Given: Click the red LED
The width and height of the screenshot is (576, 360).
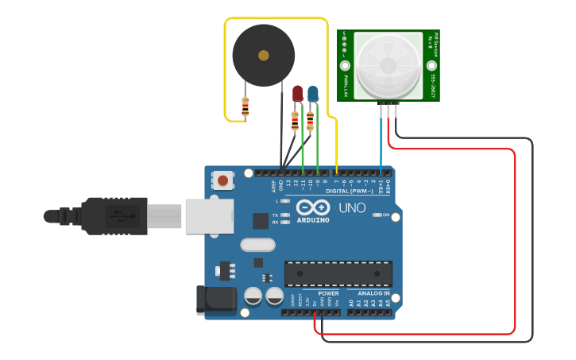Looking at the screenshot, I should click(x=297, y=94).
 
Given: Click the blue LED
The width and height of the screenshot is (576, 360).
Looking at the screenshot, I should click(x=313, y=94).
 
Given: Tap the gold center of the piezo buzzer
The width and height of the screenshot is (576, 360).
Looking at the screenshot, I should click(x=263, y=56).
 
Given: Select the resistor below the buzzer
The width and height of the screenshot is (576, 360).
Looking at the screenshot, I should click(x=245, y=106).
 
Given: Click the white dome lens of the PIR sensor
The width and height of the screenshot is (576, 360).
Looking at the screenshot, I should click(x=388, y=66).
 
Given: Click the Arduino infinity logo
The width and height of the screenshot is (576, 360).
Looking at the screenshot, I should click(x=312, y=207).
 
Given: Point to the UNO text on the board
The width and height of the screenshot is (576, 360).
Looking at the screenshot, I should click(x=352, y=207).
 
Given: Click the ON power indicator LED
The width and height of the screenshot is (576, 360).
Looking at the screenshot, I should click(x=376, y=215).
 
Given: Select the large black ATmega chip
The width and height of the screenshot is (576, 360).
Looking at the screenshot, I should click(x=338, y=273).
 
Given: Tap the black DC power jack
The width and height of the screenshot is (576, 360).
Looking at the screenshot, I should click(x=215, y=299).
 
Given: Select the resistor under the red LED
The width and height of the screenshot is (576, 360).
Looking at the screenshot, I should click(x=295, y=121).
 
